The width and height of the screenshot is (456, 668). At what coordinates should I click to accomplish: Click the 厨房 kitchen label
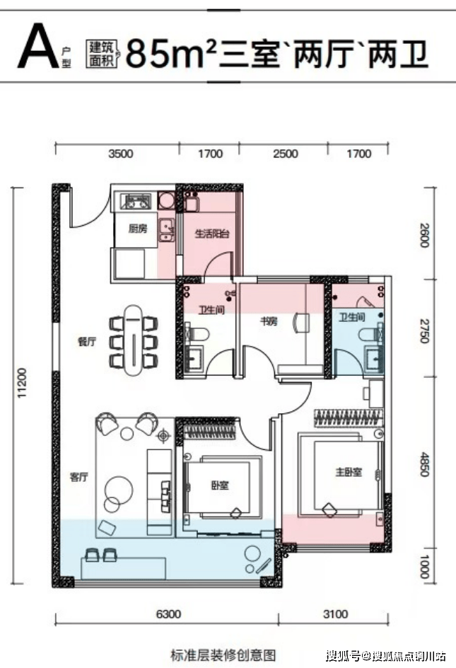click(x=138, y=229)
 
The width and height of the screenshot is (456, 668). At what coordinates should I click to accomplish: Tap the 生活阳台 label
click(x=212, y=234)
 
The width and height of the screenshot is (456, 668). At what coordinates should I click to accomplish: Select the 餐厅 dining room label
click(x=87, y=342)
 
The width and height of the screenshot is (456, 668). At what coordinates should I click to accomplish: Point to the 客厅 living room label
click(x=78, y=477)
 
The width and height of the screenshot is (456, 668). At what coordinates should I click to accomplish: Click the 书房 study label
click(x=269, y=321)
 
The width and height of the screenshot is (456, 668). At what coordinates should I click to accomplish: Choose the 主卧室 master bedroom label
click(x=349, y=472)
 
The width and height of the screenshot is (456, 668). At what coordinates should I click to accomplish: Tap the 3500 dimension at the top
click(x=120, y=154)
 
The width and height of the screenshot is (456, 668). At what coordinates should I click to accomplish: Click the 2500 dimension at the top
click(x=286, y=154)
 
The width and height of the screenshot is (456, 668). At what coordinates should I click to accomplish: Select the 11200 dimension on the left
click(x=22, y=384)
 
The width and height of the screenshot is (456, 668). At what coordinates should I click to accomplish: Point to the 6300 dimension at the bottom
click(x=168, y=614)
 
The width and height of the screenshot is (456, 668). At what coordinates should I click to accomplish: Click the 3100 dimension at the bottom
click(x=336, y=614)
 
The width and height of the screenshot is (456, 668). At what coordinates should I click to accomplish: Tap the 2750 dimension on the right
click(x=424, y=330)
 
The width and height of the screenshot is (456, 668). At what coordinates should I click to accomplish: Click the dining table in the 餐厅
click(x=134, y=340)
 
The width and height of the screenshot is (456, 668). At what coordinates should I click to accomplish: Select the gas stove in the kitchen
click(x=136, y=201)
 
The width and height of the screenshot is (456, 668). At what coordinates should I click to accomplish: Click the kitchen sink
click(x=166, y=230)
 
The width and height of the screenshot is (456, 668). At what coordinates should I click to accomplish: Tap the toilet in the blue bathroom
click(x=370, y=334)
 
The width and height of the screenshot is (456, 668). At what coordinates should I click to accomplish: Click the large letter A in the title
click(x=38, y=46)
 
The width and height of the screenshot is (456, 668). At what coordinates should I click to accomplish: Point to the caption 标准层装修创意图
click(x=223, y=655)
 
